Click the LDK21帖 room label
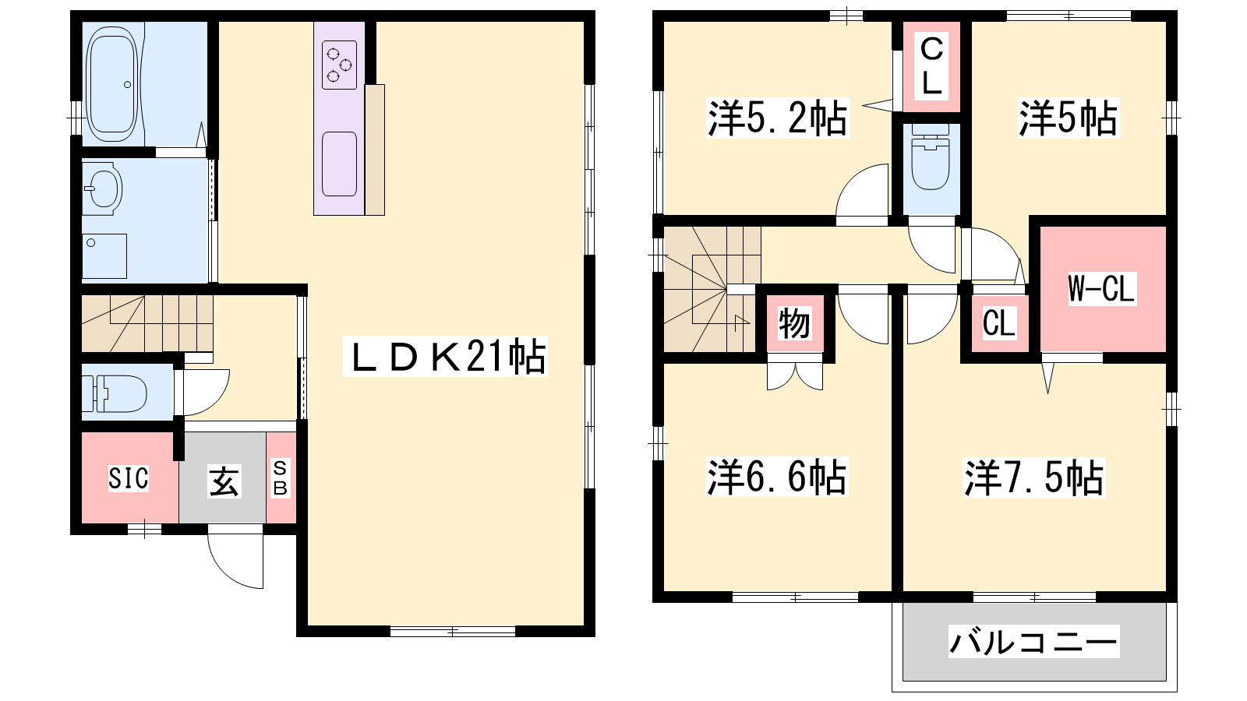(445, 357)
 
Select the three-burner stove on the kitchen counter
(340, 65)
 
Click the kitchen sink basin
(339, 164)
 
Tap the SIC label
(129, 478)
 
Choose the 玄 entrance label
(224, 481)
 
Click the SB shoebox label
(281, 477)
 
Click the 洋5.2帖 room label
(777, 118)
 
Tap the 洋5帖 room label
(1068, 118)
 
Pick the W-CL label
(1101, 288)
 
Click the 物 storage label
(794, 323)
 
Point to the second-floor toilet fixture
(931, 157)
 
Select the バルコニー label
(1033, 642)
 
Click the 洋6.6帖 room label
(776, 477)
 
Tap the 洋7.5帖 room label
(1033, 477)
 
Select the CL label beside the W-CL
(999, 323)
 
